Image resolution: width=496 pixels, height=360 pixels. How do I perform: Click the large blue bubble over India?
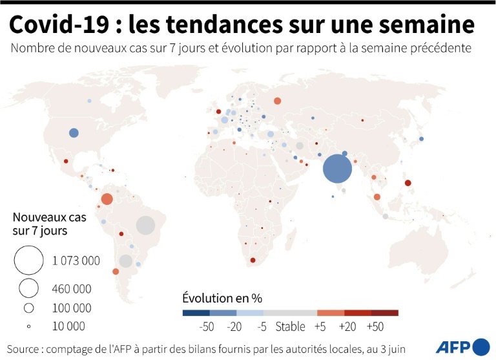(337, 170)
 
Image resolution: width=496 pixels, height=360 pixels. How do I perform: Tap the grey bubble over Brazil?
(146, 226)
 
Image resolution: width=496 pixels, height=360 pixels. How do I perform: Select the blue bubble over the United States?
(74, 133)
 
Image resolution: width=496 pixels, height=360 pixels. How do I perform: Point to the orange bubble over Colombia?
(107, 198)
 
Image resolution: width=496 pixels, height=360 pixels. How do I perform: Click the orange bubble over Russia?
(277, 101)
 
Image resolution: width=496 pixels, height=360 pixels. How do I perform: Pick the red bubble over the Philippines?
(408, 183)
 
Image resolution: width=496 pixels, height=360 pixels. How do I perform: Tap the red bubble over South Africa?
(253, 260)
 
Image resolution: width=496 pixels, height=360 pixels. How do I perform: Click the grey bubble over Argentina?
(126, 261)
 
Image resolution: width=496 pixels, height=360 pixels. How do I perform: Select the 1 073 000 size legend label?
(76, 261)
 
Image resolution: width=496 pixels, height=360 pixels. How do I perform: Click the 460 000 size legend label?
(72, 288)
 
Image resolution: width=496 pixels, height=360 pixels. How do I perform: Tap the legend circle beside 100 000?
(28, 308)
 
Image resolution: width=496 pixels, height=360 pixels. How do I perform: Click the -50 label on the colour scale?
(207, 326)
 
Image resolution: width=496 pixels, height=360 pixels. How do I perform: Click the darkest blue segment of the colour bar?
(196, 313)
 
